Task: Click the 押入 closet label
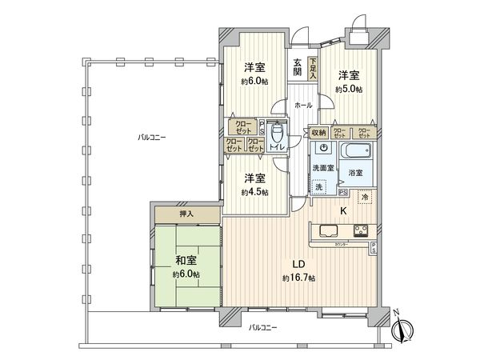186,214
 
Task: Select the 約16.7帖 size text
298,278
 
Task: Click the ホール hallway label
302,105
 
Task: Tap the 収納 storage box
318,133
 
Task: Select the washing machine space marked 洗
319,187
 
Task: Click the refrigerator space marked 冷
364,197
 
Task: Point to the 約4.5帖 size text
254,192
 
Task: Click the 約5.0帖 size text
349,89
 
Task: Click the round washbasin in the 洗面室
323,149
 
